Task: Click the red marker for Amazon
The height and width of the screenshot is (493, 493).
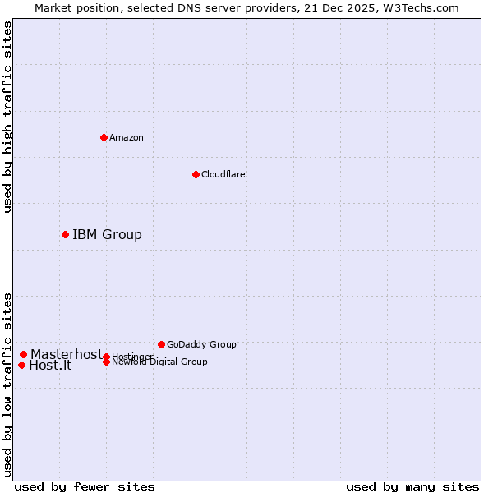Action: pos(104,137)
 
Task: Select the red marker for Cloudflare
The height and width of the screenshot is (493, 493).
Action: pos(196,174)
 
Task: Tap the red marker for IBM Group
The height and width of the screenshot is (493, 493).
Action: pos(65,235)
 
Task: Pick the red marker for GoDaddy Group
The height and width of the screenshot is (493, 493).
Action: pos(161,344)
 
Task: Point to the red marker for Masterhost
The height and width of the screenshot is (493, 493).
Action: pos(23,354)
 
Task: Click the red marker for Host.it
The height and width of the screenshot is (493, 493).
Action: pos(21,365)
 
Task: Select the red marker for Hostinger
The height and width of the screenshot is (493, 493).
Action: pos(106,357)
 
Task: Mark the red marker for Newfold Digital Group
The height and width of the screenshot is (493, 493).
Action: pos(106,362)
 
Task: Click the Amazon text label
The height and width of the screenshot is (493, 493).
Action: pos(126,137)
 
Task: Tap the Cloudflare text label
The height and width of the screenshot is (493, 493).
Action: pos(223,174)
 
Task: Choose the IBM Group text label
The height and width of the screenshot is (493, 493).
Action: pos(107,235)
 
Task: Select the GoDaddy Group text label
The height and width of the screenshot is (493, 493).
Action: pos(201,344)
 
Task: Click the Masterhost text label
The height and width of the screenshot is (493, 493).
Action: pos(67,354)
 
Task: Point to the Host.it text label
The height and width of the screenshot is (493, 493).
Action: pos(50,366)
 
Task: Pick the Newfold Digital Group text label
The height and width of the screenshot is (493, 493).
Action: pos(159,362)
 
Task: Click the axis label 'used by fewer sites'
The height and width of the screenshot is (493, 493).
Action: pos(85,486)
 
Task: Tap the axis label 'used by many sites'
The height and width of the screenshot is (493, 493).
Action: pos(412,486)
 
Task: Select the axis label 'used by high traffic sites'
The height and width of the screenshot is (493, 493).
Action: pos(7,117)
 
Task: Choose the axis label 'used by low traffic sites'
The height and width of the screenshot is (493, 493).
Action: pos(7,384)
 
